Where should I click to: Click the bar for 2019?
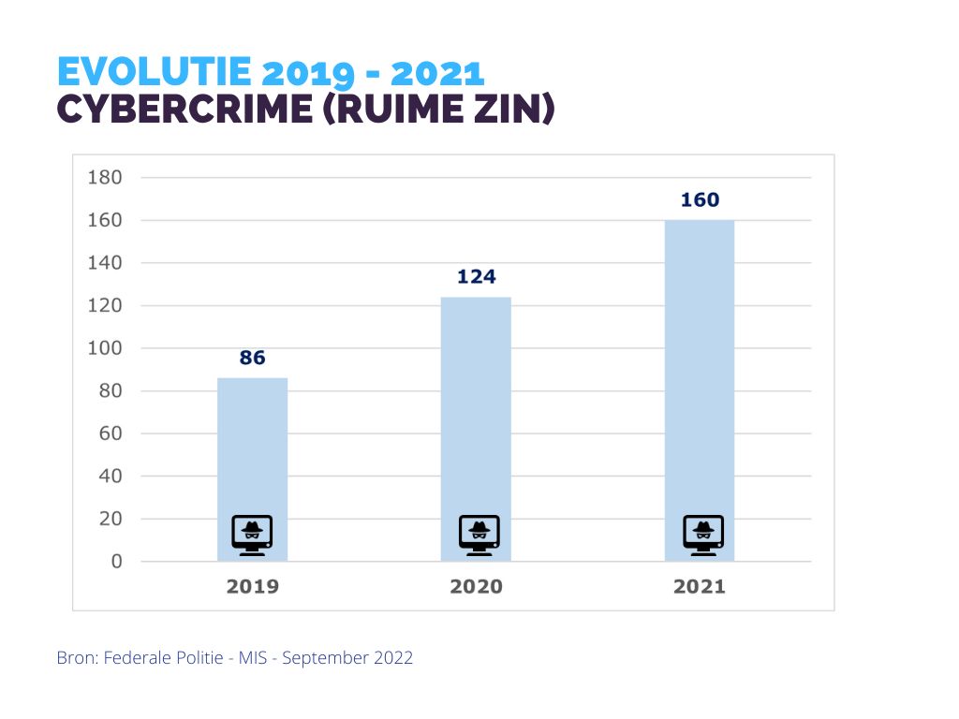click(x=252, y=449)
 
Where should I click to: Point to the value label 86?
click(x=252, y=358)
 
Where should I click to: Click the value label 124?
click(x=476, y=277)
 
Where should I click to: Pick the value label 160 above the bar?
click(x=700, y=200)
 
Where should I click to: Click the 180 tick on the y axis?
click(x=104, y=178)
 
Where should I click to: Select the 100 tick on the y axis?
click(x=104, y=348)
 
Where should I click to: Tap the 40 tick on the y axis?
click(x=110, y=477)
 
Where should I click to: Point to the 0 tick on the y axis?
click(x=116, y=562)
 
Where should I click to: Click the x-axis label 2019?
click(x=252, y=587)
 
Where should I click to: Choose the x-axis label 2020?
click(x=476, y=587)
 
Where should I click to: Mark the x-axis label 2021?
click(x=700, y=587)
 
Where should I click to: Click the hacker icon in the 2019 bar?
click(x=252, y=535)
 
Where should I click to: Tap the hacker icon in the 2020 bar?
click(x=479, y=535)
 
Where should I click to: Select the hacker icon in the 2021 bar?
click(x=702, y=535)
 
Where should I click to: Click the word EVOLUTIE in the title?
click(x=155, y=72)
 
